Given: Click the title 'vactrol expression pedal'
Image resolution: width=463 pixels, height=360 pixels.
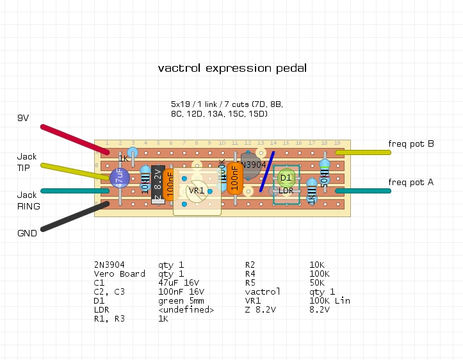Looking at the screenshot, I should coord(232,68).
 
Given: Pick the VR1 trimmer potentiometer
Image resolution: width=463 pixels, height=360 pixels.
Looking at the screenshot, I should coord(197,191).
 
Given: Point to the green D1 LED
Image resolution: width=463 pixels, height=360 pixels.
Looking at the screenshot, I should coord(286,177).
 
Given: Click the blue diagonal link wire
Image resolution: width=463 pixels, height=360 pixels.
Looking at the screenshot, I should coord(267,172).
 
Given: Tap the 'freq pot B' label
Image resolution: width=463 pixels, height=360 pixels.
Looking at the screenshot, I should coord(411,143).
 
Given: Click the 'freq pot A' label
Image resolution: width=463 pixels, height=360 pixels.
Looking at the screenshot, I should coord(411,183).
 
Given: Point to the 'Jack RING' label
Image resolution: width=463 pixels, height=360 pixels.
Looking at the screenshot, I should coord(28,200).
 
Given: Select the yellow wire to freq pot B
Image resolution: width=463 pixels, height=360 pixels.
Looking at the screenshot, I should coord(362,152).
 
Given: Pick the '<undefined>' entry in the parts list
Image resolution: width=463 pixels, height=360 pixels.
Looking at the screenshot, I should coord(186,309).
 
